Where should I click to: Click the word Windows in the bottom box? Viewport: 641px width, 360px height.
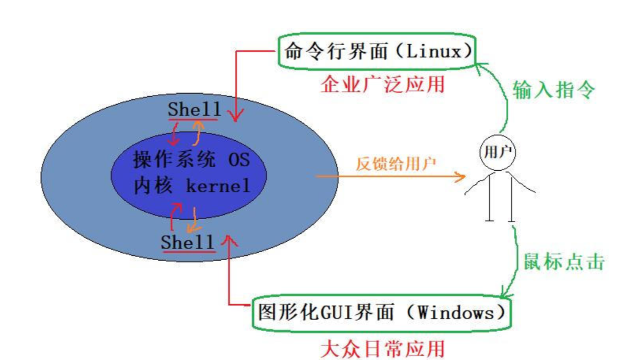click(x=456, y=313)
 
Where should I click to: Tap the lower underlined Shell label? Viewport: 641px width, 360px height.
click(x=188, y=243)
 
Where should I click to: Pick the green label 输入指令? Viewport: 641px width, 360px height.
click(x=554, y=89)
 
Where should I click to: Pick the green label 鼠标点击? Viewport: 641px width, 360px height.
click(x=564, y=261)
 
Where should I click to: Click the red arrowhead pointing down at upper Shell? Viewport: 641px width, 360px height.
click(x=235, y=116)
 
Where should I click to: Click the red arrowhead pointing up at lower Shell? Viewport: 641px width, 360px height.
click(x=228, y=240)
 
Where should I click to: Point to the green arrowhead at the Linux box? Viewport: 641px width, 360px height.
click(x=479, y=65)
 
